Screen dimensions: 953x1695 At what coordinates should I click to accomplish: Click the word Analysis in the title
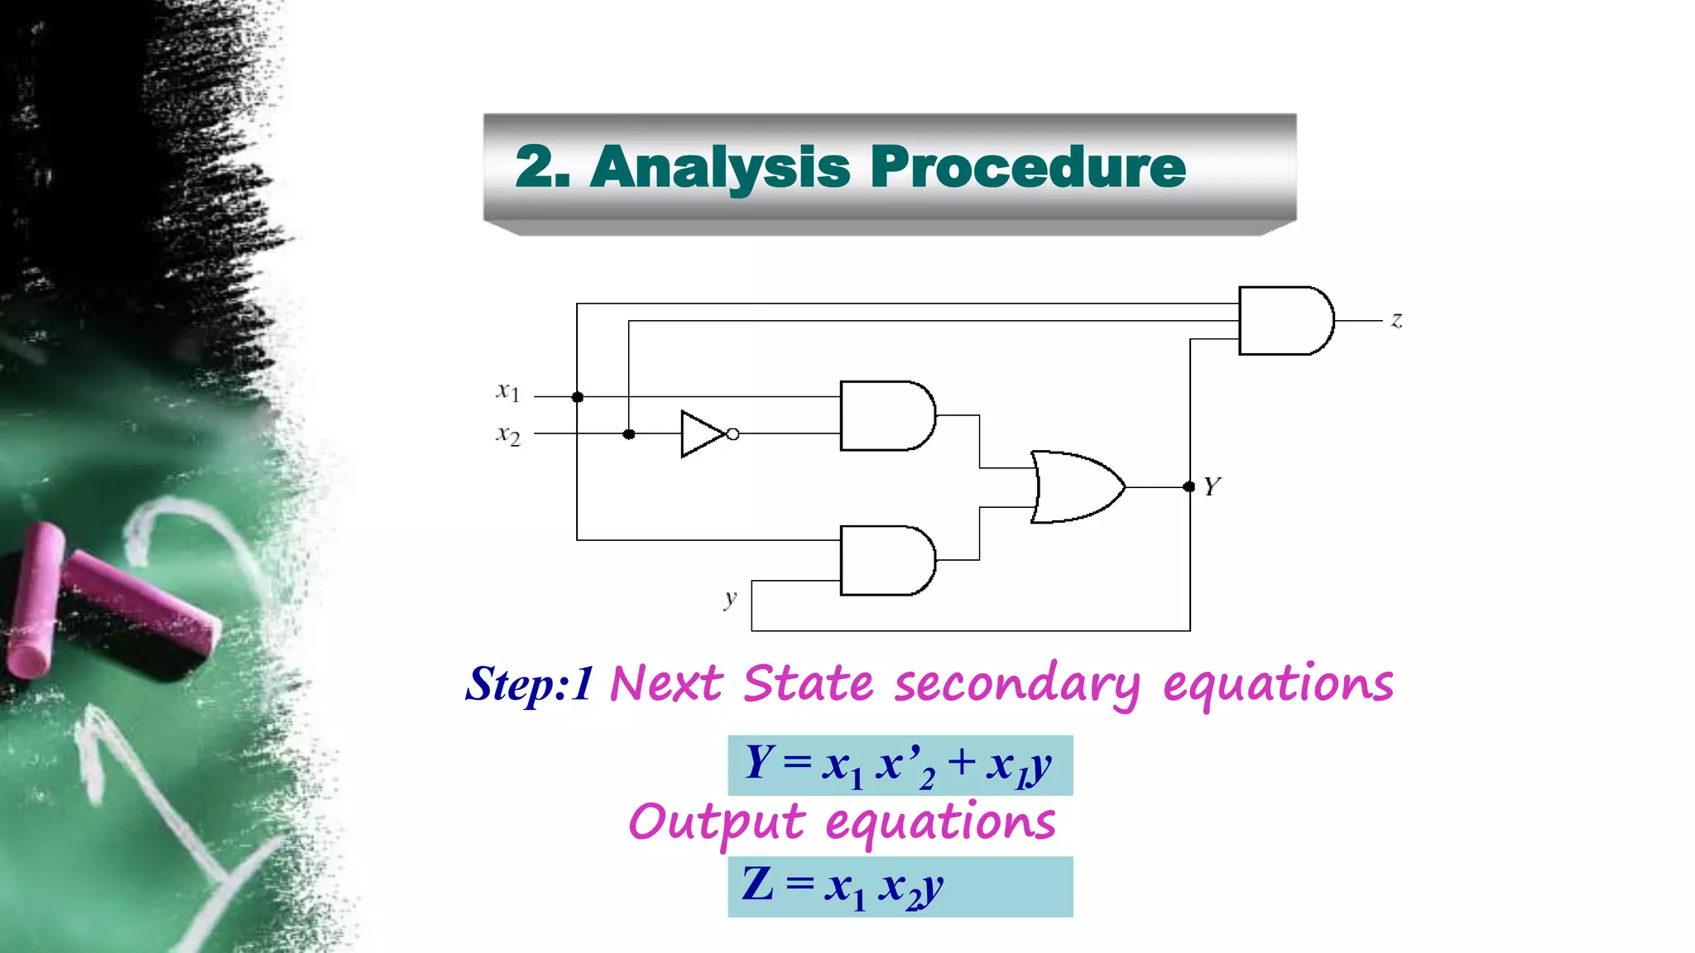tap(720, 168)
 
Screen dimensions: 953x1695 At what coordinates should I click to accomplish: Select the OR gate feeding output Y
tap(1076, 486)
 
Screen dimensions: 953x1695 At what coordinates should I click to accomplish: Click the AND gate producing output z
tap(1284, 321)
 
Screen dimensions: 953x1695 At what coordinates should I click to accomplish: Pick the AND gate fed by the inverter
tap(886, 415)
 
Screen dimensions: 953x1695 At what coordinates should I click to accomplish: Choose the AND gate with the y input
tap(886, 560)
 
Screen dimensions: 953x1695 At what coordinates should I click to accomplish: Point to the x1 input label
tap(507, 391)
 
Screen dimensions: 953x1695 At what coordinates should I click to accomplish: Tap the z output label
tap(1397, 320)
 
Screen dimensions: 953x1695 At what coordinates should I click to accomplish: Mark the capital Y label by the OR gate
tap(1212, 486)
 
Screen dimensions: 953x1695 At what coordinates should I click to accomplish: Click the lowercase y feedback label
tap(729, 598)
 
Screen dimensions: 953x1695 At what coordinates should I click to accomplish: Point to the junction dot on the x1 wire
tap(578, 397)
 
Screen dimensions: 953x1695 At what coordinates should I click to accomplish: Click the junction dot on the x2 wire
tap(629, 434)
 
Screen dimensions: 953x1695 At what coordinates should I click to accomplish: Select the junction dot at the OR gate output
tap(1189, 486)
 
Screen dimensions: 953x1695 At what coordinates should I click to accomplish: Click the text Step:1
tap(529, 685)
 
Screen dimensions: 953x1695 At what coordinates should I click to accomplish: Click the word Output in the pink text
tap(716, 823)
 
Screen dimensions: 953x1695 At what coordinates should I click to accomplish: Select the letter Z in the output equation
tap(757, 884)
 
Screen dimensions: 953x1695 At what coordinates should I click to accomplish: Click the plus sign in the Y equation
tap(962, 761)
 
